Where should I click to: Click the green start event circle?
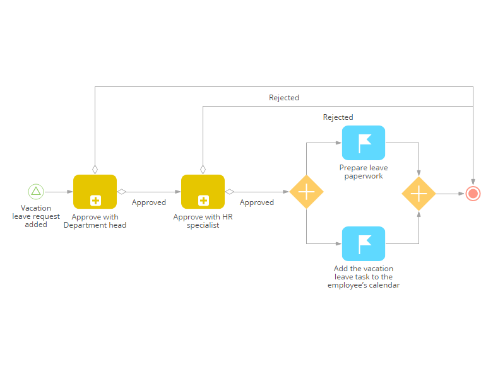tap(36, 192)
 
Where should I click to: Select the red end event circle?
tap(473, 194)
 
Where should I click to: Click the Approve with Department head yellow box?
tap(95, 192)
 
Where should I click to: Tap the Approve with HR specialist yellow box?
tap(203, 192)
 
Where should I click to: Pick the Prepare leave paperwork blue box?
tap(364, 143)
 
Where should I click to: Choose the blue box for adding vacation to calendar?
tap(364, 243)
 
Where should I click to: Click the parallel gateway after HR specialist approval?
tap(306, 192)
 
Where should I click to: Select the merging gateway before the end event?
tap(419, 194)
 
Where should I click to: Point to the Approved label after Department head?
tap(149, 202)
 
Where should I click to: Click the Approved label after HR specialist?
tap(256, 202)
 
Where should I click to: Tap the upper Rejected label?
tap(284, 98)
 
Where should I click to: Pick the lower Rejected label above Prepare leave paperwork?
tap(338, 117)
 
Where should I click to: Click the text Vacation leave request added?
tap(36, 216)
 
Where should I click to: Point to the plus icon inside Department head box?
tap(95, 201)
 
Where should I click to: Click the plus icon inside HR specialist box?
tap(203, 201)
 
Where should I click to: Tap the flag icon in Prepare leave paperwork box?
tap(365, 144)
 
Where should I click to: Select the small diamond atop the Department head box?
tap(95, 170)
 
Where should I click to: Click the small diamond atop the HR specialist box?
tap(203, 170)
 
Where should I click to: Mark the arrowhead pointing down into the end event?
tap(473, 182)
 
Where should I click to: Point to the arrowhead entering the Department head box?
tap(70, 192)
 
